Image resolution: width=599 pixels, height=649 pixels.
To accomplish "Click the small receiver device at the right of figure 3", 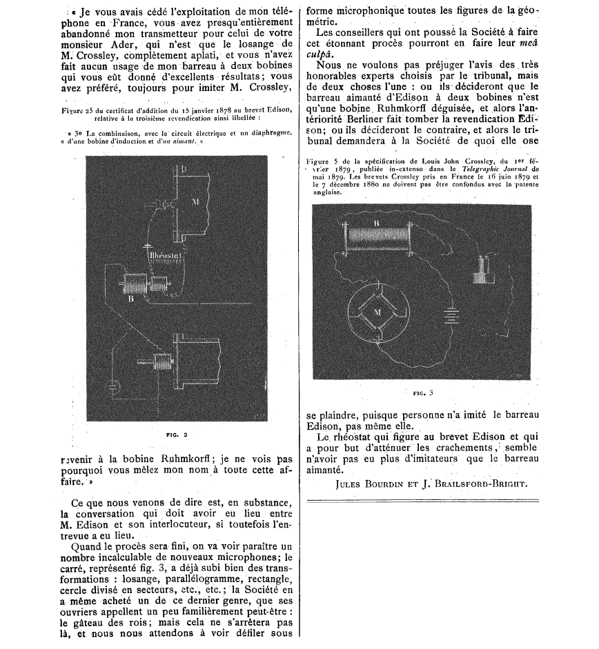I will click(482, 269).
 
